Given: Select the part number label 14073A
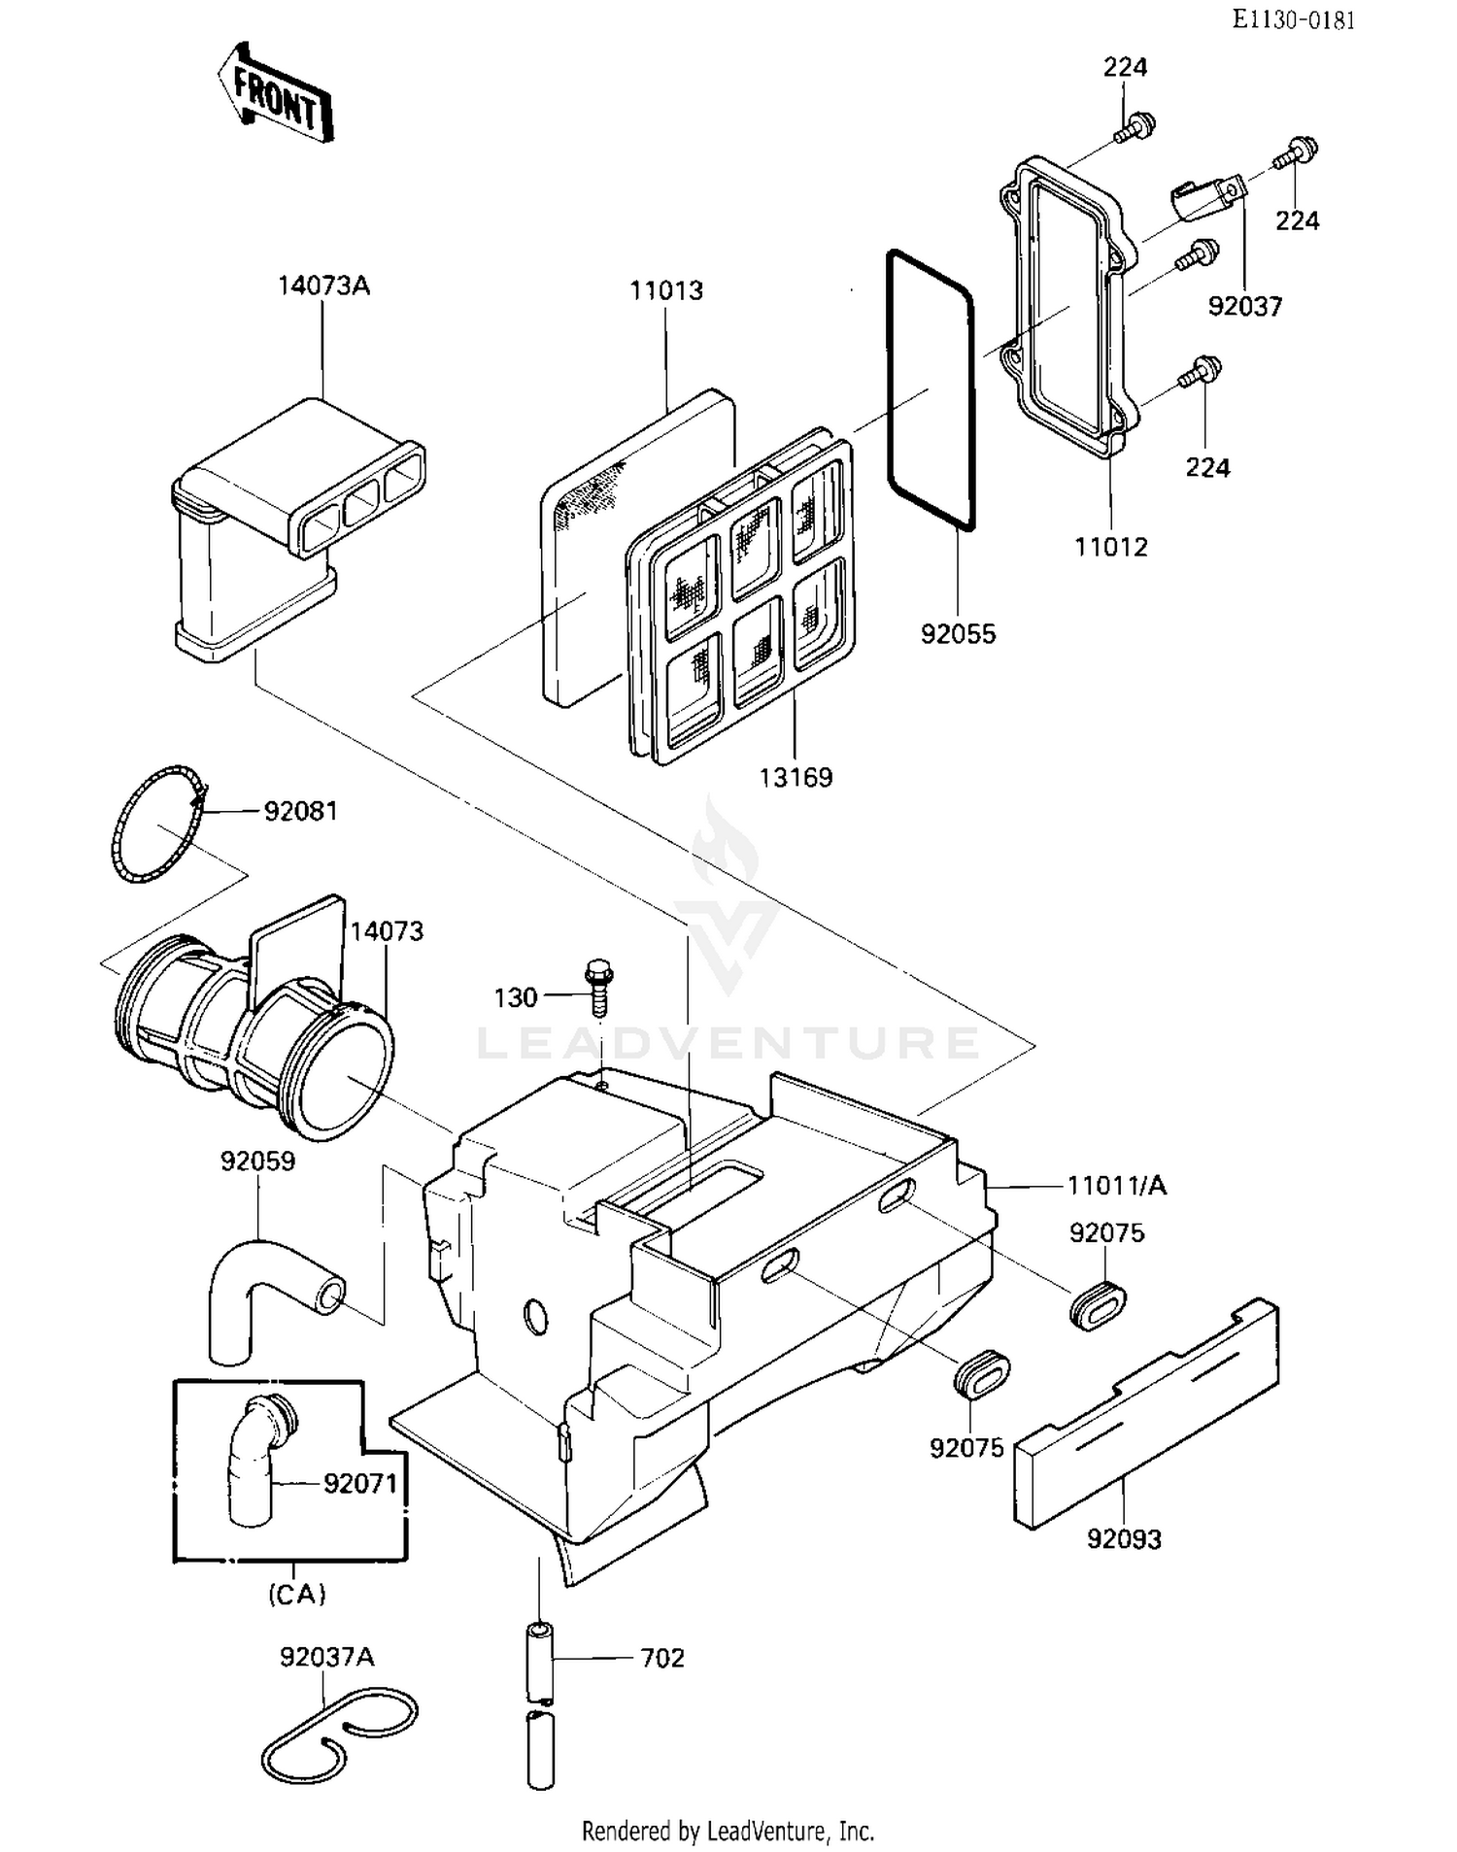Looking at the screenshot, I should tap(323, 286).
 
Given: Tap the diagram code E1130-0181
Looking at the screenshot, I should tap(1293, 19).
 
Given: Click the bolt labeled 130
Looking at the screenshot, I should tap(598, 989).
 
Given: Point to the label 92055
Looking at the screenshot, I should tap(958, 634).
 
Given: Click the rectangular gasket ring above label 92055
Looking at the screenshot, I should tap(930, 388).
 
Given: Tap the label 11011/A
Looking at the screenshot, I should tap(1116, 1185).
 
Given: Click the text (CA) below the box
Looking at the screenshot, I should tap(296, 1594).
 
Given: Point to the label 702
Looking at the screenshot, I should tap(661, 1658).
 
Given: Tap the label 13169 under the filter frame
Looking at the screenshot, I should tap(796, 777).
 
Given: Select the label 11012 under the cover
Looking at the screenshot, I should tap(1110, 547).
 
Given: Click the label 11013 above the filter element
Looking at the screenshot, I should tap(665, 290).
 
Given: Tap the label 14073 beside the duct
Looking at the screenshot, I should tap(387, 931).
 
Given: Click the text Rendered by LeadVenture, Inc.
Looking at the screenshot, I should tap(728, 1831).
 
